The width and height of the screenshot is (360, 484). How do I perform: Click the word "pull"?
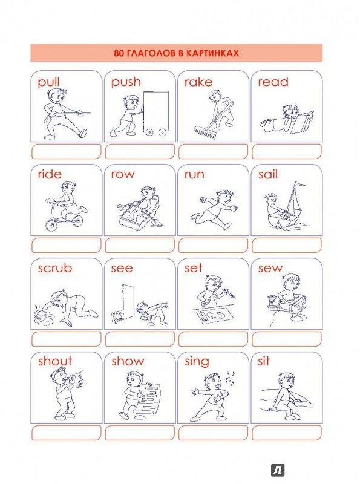click(48, 83)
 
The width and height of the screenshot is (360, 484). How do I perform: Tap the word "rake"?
click(198, 82)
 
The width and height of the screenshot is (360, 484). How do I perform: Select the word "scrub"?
click(55, 268)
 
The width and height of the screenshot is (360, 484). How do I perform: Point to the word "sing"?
click(197, 361)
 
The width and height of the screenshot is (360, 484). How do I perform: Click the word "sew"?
click(270, 268)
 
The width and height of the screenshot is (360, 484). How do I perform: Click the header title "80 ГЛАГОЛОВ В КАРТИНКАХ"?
click(176, 53)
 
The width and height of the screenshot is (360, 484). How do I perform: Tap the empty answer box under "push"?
click(140, 152)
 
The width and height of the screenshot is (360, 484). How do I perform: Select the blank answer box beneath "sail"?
click(287, 246)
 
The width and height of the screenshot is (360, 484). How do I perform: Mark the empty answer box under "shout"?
click(67, 433)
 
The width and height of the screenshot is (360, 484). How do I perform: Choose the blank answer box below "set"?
click(214, 339)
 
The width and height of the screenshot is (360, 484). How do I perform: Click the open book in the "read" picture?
click(303, 123)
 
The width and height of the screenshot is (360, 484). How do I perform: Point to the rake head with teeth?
click(205, 132)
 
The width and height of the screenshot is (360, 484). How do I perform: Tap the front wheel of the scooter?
click(51, 224)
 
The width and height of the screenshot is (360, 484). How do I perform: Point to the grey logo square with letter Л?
click(278, 471)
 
